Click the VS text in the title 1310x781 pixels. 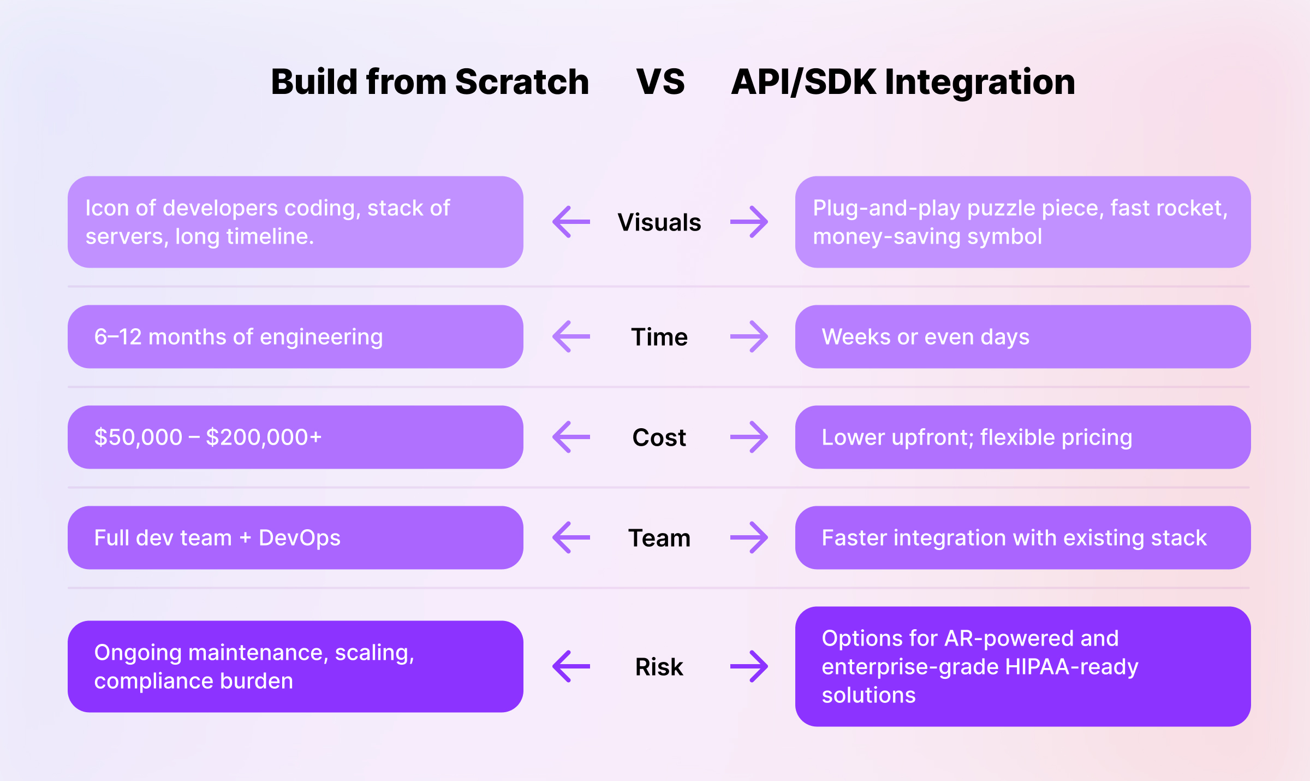[660, 82]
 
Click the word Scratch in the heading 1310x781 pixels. [522, 82]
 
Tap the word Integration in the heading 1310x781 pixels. [980, 82]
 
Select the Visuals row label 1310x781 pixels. [659, 222]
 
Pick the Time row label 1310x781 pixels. [659, 337]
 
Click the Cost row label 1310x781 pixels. [659, 437]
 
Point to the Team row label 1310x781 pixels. [659, 538]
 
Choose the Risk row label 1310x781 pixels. [659, 667]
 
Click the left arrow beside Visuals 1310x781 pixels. [571, 222]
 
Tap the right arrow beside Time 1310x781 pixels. [749, 336]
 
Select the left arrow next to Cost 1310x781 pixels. [571, 437]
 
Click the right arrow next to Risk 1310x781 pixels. [749, 666]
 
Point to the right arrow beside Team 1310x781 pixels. [749, 537]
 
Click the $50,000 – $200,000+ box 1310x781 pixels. [295, 437]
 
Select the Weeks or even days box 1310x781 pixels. [1022, 336]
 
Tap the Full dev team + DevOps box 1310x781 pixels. [295, 537]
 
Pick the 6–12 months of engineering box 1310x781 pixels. [295, 336]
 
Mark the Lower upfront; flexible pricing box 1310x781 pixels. [1022, 437]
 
